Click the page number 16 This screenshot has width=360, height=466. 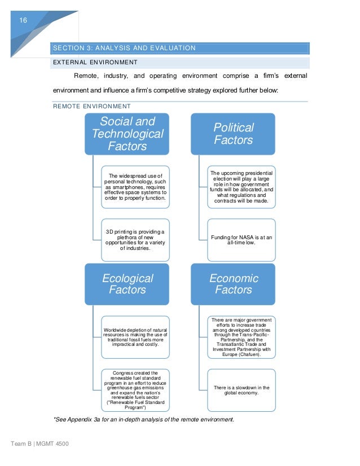(23, 20)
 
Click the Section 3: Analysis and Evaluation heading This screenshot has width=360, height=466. (124, 48)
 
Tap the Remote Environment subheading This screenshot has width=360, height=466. (91, 106)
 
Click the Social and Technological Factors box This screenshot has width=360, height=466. (128, 134)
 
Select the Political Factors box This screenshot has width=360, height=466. (233, 134)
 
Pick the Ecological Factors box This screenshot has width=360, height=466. (128, 284)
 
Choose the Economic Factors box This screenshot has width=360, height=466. (233, 284)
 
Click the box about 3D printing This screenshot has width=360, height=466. (135, 240)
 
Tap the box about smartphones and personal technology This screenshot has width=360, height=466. (135, 186)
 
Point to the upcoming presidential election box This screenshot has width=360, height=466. (241, 186)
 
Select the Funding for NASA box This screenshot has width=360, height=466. (241, 240)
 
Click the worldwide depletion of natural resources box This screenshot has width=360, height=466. (135, 337)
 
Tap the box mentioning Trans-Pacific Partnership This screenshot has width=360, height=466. (241, 337)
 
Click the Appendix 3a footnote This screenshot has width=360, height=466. (143, 419)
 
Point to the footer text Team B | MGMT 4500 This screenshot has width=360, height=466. (39, 445)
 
